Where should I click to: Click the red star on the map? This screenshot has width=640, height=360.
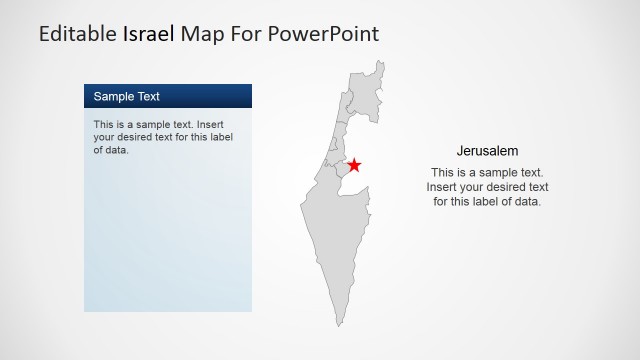pyautogui.click(x=353, y=165)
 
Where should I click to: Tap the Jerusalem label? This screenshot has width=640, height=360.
pyautogui.click(x=487, y=151)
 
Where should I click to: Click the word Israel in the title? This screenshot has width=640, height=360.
pyautogui.click(x=149, y=34)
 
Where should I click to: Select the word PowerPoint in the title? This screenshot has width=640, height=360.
pyautogui.click(x=326, y=34)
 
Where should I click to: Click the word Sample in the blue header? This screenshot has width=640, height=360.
pyautogui.click(x=113, y=97)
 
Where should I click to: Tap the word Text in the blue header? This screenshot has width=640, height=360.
pyautogui.click(x=147, y=97)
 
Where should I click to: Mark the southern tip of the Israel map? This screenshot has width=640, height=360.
pyautogui.click(x=339, y=324)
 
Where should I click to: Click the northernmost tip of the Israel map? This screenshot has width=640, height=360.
pyautogui.click(x=380, y=62)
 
